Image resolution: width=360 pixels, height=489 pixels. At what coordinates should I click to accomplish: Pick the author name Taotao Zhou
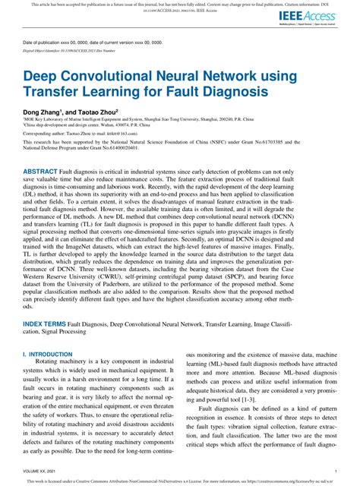tap(106, 111)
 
